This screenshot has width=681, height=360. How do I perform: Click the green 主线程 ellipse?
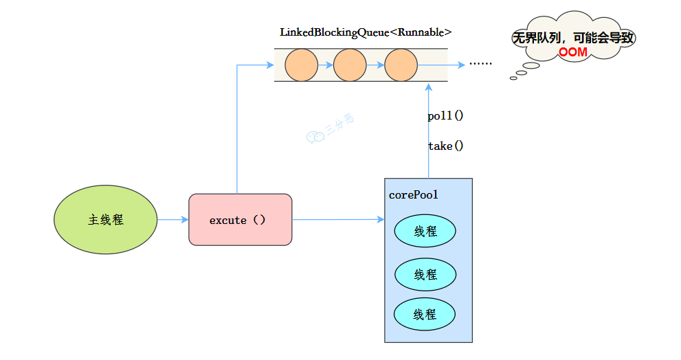pyautogui.click(x=106, y=220)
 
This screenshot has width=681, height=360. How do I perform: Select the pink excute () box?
pyautogui.click(x=241, y=220)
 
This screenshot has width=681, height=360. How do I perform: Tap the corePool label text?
pyautogui.click(x=414, y=195)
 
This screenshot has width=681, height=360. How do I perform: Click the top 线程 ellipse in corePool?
pyautogui.click(x=425, y=232)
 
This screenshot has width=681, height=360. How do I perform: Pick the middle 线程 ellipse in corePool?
pyautogui.click(x=425, y=275)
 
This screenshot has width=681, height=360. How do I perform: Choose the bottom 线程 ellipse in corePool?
pyautogui.click(x=425, y=315)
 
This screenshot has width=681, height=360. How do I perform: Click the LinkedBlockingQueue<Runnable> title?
pyautogui.click(x=366, y=32)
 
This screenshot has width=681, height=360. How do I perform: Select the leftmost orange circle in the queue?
pyautogui.click(x=301, y=65)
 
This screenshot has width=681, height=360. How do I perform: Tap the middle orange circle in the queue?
pyautogui.click(x=350, y=65)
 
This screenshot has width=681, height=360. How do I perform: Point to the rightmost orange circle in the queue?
pyautogui.click(x=401, y=65)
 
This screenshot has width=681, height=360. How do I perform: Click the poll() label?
pyautogui.click(x=445, y=115)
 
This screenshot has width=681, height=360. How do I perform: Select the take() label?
pyautogui.click(x=445, y=146)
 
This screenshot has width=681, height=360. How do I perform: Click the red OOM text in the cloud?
pyautogui.click(x=572, y=52)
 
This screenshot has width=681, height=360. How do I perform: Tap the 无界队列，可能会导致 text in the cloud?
pyautogui.click(x=572, y=38)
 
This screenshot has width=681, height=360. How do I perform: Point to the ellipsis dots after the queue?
pyautogui.click(x=480, y=64)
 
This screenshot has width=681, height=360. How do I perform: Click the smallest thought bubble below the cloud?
pyautogui.click(x=513, y=78)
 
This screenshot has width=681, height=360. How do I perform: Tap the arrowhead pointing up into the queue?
pyautogui.click(x=429, y=87)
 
